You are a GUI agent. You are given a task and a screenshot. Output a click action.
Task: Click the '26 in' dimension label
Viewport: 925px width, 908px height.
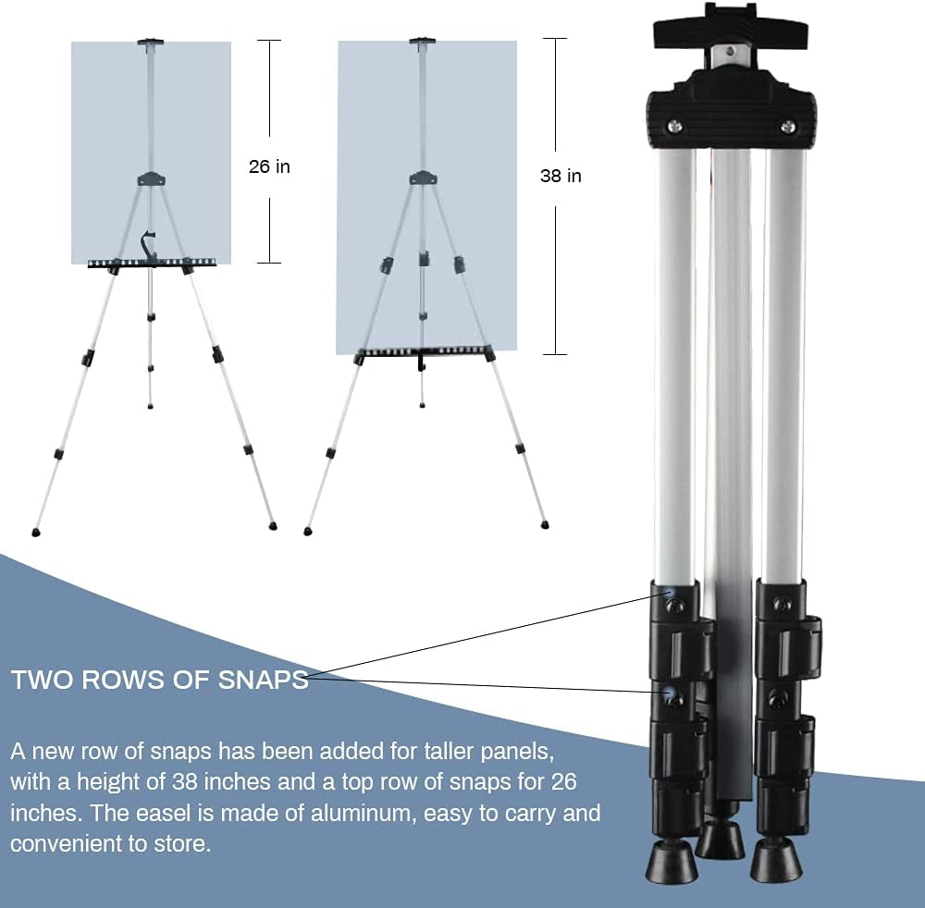(x=269, y=166)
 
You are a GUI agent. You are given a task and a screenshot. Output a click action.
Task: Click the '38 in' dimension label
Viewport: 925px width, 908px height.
(x=561, y=176)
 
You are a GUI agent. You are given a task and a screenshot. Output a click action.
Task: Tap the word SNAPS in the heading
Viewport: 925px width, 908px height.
(x=263, y=680)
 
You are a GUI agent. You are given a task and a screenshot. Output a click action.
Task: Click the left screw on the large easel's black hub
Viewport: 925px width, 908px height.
(x=674, y=125)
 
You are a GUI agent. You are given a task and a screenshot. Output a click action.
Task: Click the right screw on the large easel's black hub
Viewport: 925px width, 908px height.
(x=787, y=126)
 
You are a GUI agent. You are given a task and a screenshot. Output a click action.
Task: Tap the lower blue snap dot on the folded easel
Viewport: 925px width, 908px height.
(x=670, y=692)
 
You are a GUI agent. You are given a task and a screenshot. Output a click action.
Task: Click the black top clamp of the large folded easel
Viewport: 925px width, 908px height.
(x=731, y=27)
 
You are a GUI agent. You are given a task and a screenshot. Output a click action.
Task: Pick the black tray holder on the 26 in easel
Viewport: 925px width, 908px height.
(x=153, y=264)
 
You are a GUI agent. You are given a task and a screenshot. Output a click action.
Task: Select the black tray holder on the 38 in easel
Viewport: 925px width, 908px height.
(x=424, y=352)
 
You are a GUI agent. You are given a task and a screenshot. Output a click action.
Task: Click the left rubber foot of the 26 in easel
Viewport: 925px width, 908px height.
(x=35, y=532)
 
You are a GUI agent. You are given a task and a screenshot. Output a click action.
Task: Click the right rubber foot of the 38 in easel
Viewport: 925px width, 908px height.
(x=545, y=523)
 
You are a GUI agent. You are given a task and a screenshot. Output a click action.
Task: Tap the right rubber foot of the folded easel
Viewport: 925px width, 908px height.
(x=776, y=862)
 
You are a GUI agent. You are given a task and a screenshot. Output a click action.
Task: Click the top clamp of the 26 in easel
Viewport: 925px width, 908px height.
(x=151, y=43)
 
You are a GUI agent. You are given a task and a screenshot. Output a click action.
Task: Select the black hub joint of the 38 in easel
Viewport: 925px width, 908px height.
(x=423, y=178)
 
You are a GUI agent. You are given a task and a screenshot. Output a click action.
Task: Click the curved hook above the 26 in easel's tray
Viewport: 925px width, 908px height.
(x=146, y=243)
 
